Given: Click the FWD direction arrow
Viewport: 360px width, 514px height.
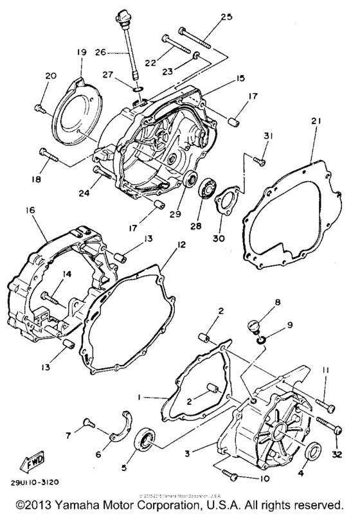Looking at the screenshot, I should click(x=32, y=462).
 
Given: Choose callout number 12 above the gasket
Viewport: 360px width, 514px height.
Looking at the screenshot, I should click(x=181, y=245).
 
